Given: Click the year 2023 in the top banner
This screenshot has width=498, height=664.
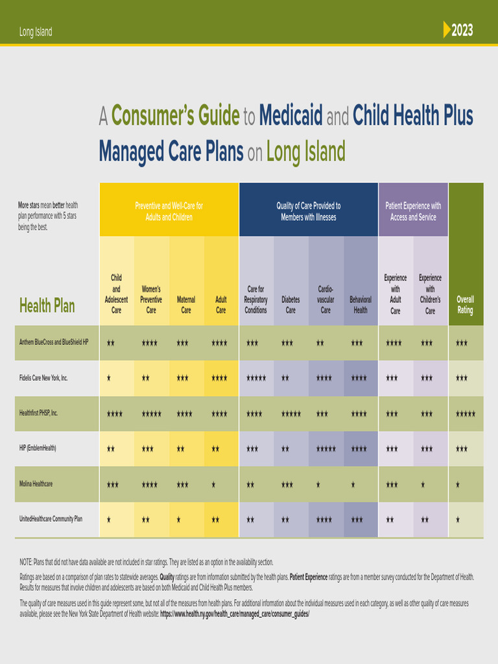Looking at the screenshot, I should pyautogui.click(x=462, y=30).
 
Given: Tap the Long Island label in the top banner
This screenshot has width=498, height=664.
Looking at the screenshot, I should pyautogui.click(x=36, y=32).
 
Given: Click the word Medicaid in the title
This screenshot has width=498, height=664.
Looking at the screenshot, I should pyautogui.click(x=290, y=117).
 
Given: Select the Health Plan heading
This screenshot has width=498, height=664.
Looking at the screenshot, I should pyautogui.click(x=47, y=306).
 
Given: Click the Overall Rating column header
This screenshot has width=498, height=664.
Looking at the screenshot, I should pyautogui.click(x=465, y=305).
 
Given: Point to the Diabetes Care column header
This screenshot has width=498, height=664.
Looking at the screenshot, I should pyautogui.click(x=290, y=305).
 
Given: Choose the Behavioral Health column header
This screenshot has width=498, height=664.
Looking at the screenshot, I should pyautogui.click(x=361, y=305).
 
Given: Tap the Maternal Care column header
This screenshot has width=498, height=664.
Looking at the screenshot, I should pyautogui.click(x=186, y=305).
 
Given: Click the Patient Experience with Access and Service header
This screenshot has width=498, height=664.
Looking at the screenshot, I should pyautogui.click(x=413, y=211).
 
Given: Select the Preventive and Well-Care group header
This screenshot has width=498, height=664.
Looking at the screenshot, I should pyautogui.click(x=169, y=211).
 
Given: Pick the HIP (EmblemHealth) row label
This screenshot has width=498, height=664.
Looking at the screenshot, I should pyautogui.click(x=38, y=448).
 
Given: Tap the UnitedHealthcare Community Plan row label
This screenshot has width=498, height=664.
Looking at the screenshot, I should pyautogui.click(x=51, y=519).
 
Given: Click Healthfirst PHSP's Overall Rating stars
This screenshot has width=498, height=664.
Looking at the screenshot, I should pyautogui.click(x=465, y=414).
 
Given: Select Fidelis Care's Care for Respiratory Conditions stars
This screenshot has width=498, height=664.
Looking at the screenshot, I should pyautogui.click(x=255, y=378).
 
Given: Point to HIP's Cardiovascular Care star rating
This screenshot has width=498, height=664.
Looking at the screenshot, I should pyautogui.click(x=326, y=449).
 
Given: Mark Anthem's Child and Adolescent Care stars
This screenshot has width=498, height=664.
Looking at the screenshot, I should pyautogui.click(x=111, y=343).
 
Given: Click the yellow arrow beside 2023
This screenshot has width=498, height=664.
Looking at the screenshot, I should pyautogui.click(x=446, y=30).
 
